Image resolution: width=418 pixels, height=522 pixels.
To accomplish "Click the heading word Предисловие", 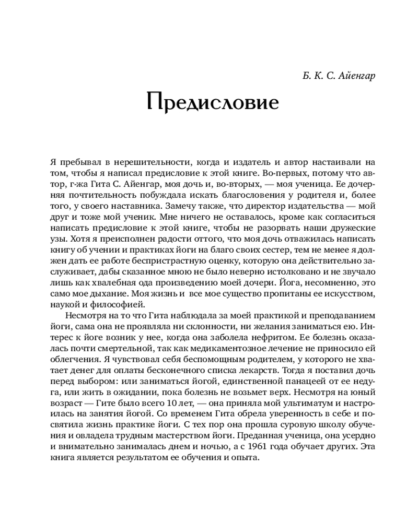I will [212, 102].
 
